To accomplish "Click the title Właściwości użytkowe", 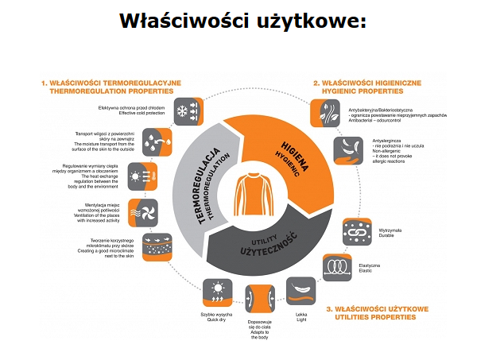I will (242, 19).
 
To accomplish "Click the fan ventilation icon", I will (144, 211).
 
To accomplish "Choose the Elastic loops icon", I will (338, 268).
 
